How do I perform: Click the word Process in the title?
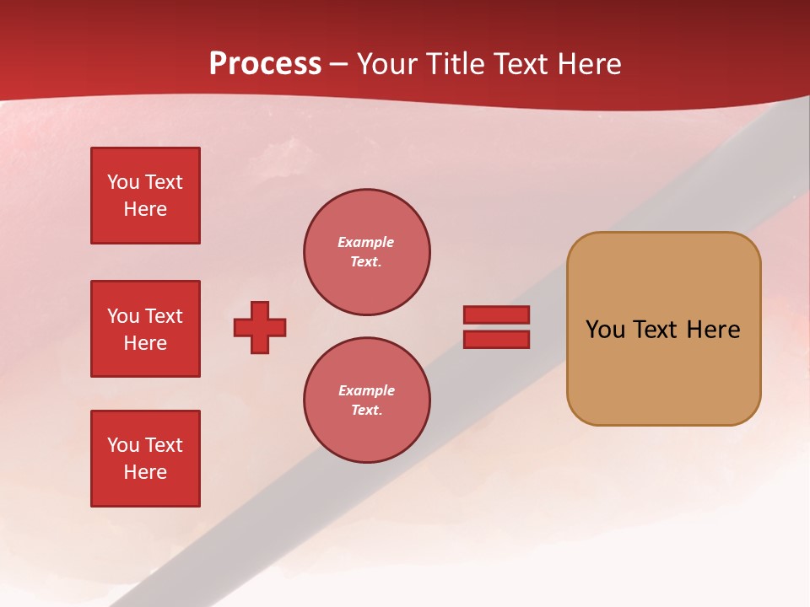tap(265, 64)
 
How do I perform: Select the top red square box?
tap(145, 196)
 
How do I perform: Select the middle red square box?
tap(145, 329)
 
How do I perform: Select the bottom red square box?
tap(145, 459)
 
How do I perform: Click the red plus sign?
tap(260, 327)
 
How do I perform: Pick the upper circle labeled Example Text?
tap(366, 252)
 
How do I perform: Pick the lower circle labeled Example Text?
tap(366, 400)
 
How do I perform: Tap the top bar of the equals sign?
tap(496, 314)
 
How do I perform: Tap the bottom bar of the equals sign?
tap(496, 340)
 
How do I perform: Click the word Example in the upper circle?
tap(366, 242)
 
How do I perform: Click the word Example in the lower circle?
tap(366, 390)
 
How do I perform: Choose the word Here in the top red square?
tap(145, 209)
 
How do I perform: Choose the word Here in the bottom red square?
tap(145, 472)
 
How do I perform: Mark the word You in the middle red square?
tap(123, 316)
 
